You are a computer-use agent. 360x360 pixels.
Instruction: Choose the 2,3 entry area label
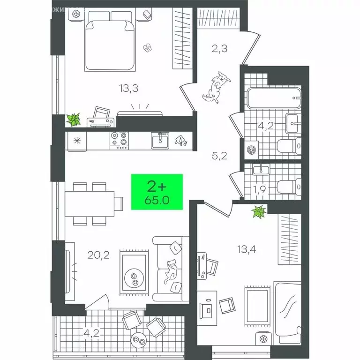click(219, 49)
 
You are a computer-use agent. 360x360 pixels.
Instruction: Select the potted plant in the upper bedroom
click(74, 120)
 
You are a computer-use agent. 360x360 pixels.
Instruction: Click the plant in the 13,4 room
click(259, 213)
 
